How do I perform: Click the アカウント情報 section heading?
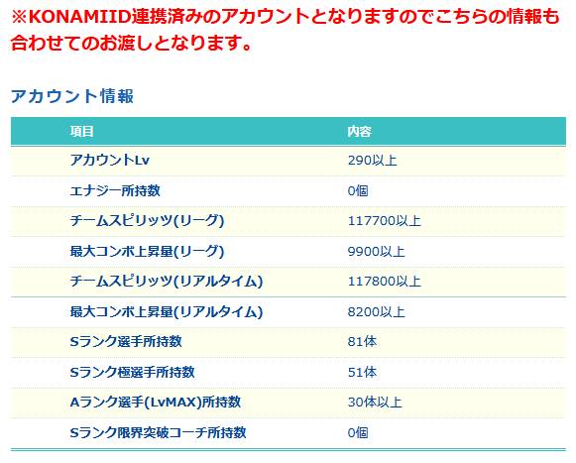click(x=72, y=96)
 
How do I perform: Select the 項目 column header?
click(x=81, y=131)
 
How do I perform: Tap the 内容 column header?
click(x=359, y=131)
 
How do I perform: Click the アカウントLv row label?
click(x=110, y=161)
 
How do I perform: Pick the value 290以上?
click(x=372, y=161)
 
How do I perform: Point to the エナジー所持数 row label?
click(x=115, y=190)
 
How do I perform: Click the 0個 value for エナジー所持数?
click(x=358, y=190)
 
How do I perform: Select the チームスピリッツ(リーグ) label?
click(x=147, y=221)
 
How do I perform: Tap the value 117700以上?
click(x=385, y=221)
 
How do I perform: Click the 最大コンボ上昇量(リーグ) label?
click(x=147, y=252)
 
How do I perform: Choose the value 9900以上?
click(x=376, y=252)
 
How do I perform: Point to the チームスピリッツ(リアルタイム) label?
click(x=167, y=282)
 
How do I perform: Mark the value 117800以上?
click(x=385, y=282)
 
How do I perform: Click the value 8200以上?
click(x=376, y=312)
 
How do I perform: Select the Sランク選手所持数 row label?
click(x=126, y=342)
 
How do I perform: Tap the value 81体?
click(x=362, y=342)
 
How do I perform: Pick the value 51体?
click(x=362, y=372)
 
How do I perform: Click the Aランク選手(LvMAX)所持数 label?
click(x=156, y=403)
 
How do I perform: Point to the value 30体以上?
click(x=375, y=403)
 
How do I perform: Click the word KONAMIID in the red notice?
click(x=79, y=17)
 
